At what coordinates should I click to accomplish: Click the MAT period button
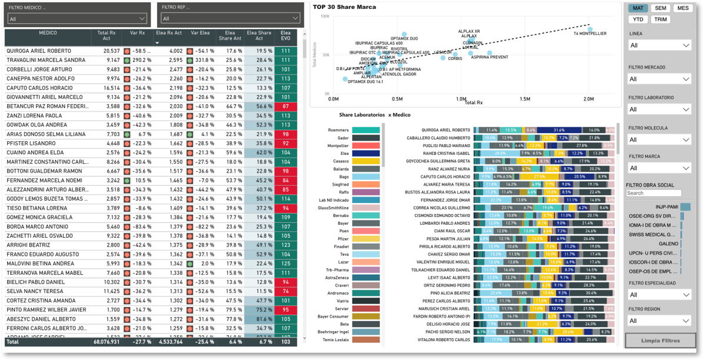[638, 8]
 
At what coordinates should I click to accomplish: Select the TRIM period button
[660, 19]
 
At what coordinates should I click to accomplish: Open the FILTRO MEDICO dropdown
[77, 19]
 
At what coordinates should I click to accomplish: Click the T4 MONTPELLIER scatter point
[590, 29]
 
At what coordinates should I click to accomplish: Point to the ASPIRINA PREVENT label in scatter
[490, 58]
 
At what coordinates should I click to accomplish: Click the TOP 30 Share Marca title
[344, 7]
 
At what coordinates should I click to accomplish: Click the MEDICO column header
[48, 34]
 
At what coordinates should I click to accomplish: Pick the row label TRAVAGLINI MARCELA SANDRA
[46, 60]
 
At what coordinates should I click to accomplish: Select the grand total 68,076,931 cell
[107, 341]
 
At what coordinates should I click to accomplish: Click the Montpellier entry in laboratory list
[338, 146]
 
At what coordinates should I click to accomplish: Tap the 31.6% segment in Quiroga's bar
[559, 130]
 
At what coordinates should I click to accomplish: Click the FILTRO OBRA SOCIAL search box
[653, 193]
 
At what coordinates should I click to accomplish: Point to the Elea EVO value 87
[285, 106]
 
